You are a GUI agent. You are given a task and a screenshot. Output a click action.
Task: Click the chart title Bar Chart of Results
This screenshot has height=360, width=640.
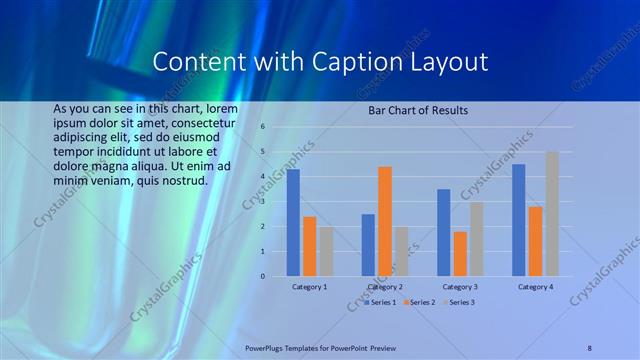[x=418, y=109]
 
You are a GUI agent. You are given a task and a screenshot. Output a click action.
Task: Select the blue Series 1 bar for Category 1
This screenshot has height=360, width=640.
[x=293, y=222]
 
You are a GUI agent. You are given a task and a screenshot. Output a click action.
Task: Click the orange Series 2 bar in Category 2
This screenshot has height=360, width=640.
[x=385, y=221]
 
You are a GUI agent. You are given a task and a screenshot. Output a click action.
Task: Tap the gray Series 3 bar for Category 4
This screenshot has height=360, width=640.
[x=552, y=214]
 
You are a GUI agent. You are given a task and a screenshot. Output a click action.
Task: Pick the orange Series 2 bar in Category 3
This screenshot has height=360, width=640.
[x=460, y=253]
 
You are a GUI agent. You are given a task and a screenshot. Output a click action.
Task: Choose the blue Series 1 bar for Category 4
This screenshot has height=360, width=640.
[x=518, y=220]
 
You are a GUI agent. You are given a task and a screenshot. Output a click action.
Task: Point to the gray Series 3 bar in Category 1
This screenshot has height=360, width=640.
[x=326, y=251]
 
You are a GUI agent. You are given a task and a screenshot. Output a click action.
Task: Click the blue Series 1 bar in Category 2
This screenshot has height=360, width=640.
[x=368, y=245]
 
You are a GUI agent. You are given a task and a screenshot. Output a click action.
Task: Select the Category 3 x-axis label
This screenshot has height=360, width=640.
[x=460, y=287]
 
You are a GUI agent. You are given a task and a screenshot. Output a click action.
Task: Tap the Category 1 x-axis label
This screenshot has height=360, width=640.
[x=309, y=287]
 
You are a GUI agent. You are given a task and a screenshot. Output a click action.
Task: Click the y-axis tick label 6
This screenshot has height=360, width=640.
[x=262, y=127]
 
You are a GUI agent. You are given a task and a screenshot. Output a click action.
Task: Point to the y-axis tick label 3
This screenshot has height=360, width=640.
[x=262, y=201]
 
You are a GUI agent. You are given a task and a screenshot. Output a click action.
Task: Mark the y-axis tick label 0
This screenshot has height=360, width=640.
[x=262, y=276]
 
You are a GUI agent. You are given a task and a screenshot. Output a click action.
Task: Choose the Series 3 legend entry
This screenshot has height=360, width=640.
[x=460, y=302]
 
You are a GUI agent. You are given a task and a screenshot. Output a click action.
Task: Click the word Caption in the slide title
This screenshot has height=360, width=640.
[x=369, y=62]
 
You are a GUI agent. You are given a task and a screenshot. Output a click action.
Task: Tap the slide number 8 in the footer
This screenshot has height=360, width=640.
[x=590, y=348]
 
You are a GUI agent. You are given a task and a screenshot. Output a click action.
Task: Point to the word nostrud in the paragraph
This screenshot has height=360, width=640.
[x=181, y=181]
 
